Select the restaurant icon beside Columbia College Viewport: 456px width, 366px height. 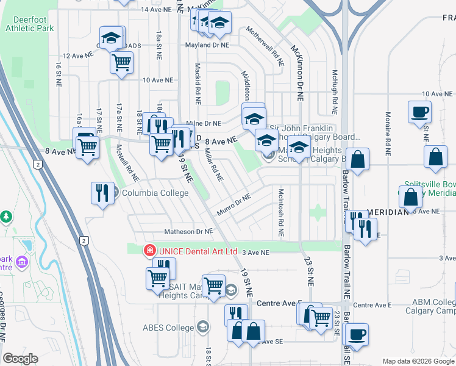[x=102, y=193]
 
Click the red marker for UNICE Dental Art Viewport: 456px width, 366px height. [x=149, y=251]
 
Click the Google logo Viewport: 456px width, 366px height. [x=20, y=359]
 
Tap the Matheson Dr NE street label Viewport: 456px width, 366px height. [x=188, y=232]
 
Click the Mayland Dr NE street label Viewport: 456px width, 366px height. [x=208, y=45]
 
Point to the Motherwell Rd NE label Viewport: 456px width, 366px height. [x=265, y=46]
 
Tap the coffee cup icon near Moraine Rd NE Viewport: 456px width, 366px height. [x=420, y=113]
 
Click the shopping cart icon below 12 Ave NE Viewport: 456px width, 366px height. [x=122, y=62]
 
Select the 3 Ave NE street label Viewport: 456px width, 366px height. [x=255, y=251]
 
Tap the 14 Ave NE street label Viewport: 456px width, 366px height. [x=154, y=10]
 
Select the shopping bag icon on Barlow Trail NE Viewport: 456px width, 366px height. [x=358, y=160]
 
